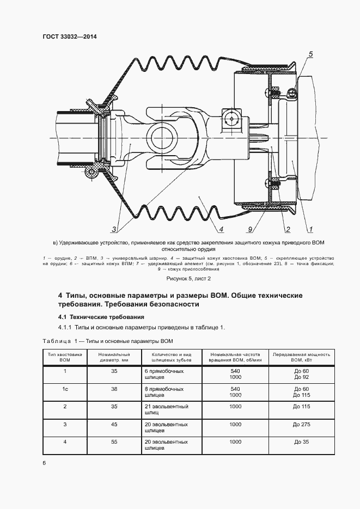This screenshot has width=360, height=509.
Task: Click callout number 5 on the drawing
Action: [310, 54]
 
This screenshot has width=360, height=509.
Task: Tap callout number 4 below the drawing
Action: [222, 229]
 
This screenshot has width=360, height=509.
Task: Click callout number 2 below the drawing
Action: [287, 229]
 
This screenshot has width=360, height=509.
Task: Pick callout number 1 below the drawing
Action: [310, 229]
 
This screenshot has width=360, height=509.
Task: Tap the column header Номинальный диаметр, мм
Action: [113, 357]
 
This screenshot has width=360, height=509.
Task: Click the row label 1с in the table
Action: [65, 389]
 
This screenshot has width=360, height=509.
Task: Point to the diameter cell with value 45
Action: [114, 424]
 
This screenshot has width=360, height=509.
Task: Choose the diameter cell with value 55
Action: [114, 442]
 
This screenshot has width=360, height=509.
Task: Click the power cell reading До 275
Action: [301, 424]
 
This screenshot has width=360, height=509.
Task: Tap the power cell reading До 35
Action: [301, 442]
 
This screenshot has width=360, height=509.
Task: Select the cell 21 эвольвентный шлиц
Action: [167, 410]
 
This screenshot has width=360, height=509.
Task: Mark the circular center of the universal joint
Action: [164, 135]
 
